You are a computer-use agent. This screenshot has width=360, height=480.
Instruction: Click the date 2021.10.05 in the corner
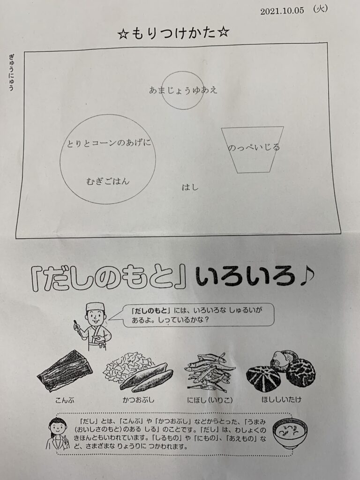click(x=282, y=11)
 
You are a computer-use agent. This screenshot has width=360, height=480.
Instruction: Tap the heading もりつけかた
click(x=173, y=33)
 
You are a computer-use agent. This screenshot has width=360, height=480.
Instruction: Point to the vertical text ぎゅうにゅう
click(x=12, y=72)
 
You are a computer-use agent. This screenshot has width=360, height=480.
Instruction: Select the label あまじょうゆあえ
click(x=183, y=90)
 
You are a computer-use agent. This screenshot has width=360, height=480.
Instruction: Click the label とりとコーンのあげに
click(x=109, y=143)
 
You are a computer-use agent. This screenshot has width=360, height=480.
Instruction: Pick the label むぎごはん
click(x=108, y=181)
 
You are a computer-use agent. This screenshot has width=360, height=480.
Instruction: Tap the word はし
click(x=190, y=187)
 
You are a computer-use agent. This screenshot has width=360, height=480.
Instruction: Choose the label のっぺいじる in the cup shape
click(x=254, y=148)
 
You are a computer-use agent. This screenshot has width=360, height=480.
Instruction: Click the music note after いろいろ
click(x=306, y=276)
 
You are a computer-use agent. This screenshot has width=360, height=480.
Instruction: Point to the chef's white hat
click(x=95, y=307)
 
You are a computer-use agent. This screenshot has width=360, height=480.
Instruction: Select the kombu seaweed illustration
click(x=65, y=371)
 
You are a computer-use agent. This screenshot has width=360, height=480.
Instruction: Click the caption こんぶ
click(x=65, y=400)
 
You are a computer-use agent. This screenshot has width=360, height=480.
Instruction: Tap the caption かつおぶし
click(x=138, y=399)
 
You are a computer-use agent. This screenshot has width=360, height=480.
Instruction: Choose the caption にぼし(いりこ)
click(x=210, y=400)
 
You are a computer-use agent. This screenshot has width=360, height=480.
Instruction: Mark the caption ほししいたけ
click(x=281, y=399)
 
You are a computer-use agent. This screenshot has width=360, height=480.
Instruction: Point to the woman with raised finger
click(x=57, y=434)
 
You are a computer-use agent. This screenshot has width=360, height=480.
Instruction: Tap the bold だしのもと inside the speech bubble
click(x=150, y=310)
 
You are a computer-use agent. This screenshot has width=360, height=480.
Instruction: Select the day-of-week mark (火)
click(x=320, y=9)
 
